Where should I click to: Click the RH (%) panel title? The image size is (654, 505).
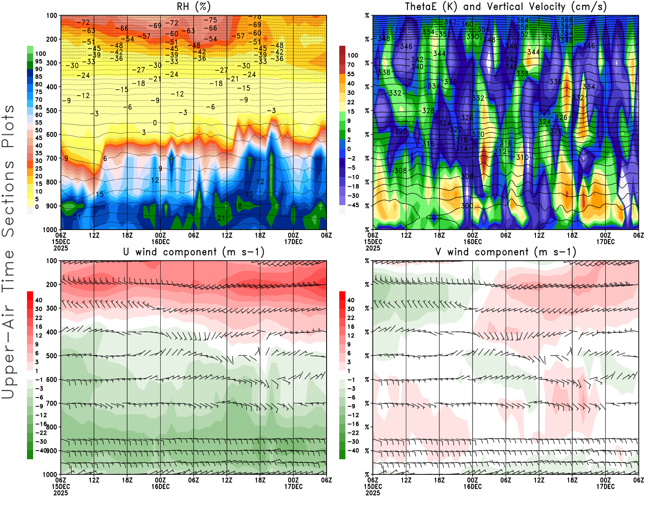[194, 7]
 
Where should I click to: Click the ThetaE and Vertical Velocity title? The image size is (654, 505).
[506, 7]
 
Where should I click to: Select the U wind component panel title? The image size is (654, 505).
[194, 252]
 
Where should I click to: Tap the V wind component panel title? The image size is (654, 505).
[506, 252]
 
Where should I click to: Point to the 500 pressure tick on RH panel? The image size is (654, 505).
[52, 111]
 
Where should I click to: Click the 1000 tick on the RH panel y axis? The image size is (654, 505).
[50, 230]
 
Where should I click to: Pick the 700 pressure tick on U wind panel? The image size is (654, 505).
[52, 403]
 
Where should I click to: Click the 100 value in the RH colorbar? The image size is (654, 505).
[40, 54]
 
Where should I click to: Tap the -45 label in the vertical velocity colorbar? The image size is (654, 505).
[353, 205]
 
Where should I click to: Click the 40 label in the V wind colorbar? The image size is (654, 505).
[351, 300]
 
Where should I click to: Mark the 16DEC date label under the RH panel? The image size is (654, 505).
[160, 241]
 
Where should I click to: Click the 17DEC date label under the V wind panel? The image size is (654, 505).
[605, 487]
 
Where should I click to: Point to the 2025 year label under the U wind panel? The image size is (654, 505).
[60, 493]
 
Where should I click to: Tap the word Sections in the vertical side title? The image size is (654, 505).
[8, 198]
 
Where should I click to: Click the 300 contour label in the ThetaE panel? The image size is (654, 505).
[467, 206]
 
